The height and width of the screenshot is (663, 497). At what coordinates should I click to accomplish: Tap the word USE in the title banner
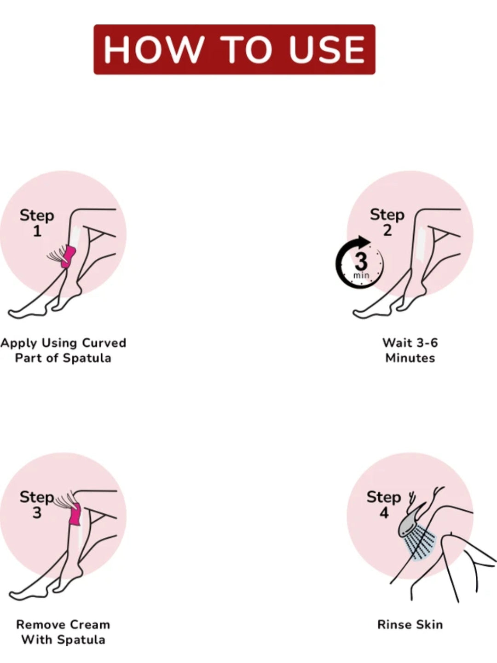click(327, 49)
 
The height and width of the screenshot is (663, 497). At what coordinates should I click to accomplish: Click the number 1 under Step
click(37, 232)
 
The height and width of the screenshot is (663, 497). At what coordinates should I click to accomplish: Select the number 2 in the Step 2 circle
click(387, 231)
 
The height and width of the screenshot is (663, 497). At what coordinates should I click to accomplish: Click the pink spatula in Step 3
click(75, 514)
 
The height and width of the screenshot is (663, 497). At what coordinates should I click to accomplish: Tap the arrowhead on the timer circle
click(364, 242)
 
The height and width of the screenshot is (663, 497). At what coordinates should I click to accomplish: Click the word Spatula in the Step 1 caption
click(87, 358)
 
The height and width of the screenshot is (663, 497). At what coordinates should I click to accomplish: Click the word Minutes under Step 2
click(410, 358)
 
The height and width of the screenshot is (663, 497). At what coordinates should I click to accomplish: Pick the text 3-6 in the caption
click(427, 343)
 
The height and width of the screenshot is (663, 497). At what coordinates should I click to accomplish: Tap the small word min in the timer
click(361, 275)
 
